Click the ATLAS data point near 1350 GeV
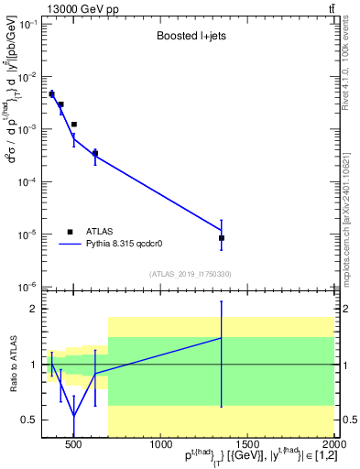(222, 238)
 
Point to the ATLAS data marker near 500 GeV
(74, 124)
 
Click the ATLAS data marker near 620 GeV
(95, 153)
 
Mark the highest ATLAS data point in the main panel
(51, 94)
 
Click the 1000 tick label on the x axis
(160, 445)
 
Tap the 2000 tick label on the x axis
(334, 445)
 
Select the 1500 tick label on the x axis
(247, 445)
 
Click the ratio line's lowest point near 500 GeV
(74, 415)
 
